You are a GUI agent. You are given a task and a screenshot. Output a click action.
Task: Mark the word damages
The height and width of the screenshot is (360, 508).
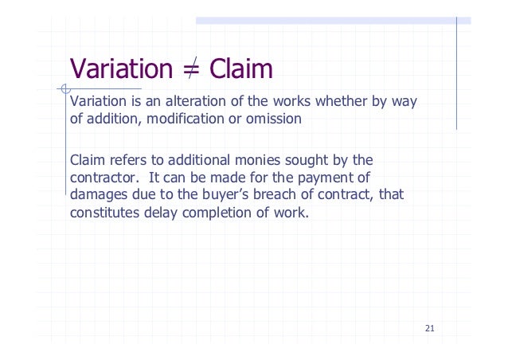pos(99,194)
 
